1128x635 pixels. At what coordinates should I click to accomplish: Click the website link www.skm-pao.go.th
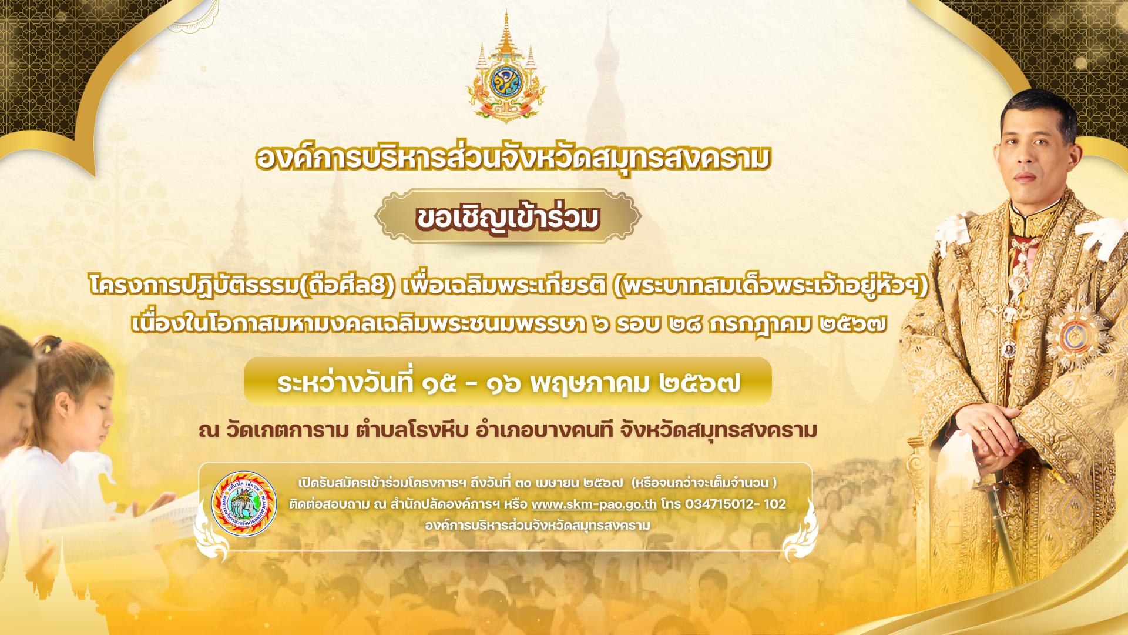[x=594, y=504]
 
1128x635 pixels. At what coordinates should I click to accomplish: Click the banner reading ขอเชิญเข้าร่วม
[x=509, y=217]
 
